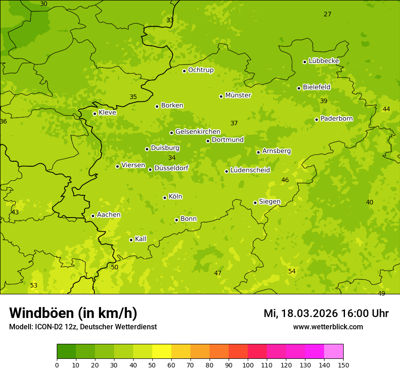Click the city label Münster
pos(238,95)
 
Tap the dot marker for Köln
pos(165,198)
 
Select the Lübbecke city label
pos(324,61)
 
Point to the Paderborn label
pos(336,119)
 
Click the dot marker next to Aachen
pos(93,216)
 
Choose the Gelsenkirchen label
pos(198,132)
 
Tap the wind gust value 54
pos(292,271)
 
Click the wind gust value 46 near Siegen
pos(285,180)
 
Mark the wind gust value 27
pos(327,14)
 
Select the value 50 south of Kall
pos(115,267)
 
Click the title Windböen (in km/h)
pos(73,313)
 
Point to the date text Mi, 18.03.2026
pos(300,313)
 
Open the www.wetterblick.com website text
pos(328,327)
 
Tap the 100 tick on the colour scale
pos(248,365)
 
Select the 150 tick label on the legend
pos(343,365)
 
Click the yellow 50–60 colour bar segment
pos(162,352)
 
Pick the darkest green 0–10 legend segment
pos(66,352)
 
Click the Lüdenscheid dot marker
pos(226,171)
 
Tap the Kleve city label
pos(107,113)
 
